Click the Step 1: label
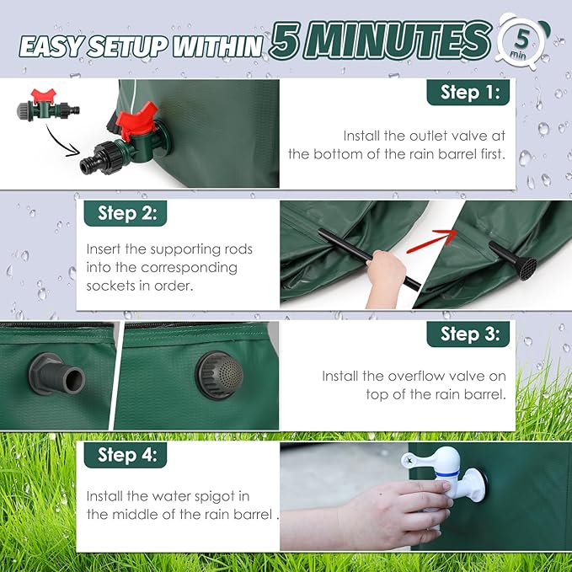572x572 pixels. [468, 93]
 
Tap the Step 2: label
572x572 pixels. [126, 213]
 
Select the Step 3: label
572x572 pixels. [468, 334]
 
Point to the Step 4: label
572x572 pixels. [126, 455]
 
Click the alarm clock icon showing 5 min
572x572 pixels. [524, 42]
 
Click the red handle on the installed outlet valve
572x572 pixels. [136, 120]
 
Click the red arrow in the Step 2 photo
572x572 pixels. [431, 242]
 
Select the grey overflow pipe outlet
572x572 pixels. [57, 374]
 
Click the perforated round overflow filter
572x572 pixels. [219, 375]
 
